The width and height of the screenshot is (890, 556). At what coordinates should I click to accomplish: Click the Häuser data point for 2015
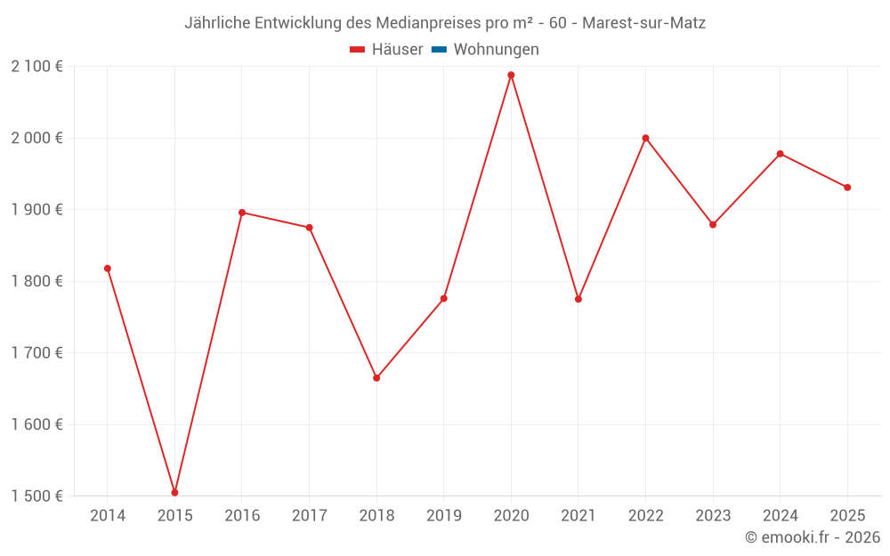pyautogui.click(x=174, y=492)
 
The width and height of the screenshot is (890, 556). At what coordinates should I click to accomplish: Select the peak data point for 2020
pyautogui.click(x=511, y=75)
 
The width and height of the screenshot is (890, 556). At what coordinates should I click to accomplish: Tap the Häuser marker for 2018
pyautogui.click(x=376, y=378)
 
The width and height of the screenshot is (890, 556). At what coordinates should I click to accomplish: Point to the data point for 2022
pyautogui.click(x=645, y=138)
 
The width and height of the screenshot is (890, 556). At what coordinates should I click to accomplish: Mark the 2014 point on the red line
pyautogui.click(x=108, y=268)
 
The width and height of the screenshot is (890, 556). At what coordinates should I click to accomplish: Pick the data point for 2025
pyautogui.click(x=847, y=187)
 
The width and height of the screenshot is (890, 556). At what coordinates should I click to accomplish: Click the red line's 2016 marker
pyautogui.click(x=242, y=213)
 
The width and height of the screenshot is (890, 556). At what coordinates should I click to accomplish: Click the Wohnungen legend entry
pyautogui.click(x=496, y=50)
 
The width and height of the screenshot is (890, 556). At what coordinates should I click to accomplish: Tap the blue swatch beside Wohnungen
pyautogui.click(x=439, y=50)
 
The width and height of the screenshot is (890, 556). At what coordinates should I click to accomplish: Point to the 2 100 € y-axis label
pyautogui.click(x=36, y=67)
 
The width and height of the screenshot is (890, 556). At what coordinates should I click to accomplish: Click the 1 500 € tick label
pyautogui.click(x=36, y=496)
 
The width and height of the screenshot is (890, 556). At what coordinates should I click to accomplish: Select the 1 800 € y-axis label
pyautogui.click(x=36, y=281)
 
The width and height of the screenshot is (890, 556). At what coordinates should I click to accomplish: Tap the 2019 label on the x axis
pyautogui.click(x=444, y=516)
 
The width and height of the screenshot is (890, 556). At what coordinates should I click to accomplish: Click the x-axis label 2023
pyautogui.click(x=713, y=516)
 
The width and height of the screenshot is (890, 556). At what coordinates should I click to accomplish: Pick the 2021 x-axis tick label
pyautogui.click(x=578, y=516)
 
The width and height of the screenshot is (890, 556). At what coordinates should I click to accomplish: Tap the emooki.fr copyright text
pyautogui.click(x=812, y=537)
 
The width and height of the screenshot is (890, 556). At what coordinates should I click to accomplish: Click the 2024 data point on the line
pyautogui.click(x=781, y=154)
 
